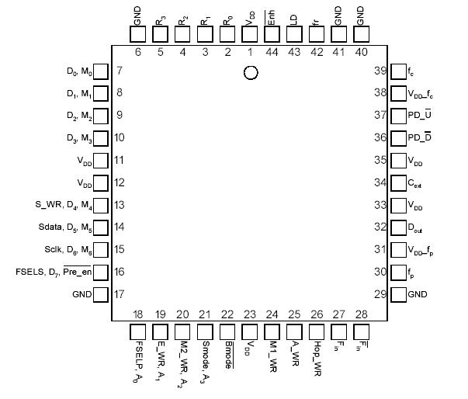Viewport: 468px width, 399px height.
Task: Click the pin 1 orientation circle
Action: (x=250, y=72)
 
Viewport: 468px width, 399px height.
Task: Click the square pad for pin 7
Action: (x=100, y=71)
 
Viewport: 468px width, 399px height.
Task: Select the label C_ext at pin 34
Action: (x=420, y=183)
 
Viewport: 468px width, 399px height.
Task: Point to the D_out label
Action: (x=421, y=228)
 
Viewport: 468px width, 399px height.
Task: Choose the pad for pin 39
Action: (x=397, y=71)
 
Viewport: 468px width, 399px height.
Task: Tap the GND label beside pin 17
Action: (x=81, y=295)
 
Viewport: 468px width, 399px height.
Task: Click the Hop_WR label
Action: (x=317, y=354)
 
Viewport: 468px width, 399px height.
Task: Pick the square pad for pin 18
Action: (x=138, y=331)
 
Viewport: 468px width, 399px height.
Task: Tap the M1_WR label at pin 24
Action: (x=272, y=353)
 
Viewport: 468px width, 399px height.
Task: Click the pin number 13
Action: (x=120, y=206)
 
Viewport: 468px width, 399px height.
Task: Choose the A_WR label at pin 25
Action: (x=295, y=352)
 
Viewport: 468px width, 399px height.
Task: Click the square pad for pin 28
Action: (x=362, y=331)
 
